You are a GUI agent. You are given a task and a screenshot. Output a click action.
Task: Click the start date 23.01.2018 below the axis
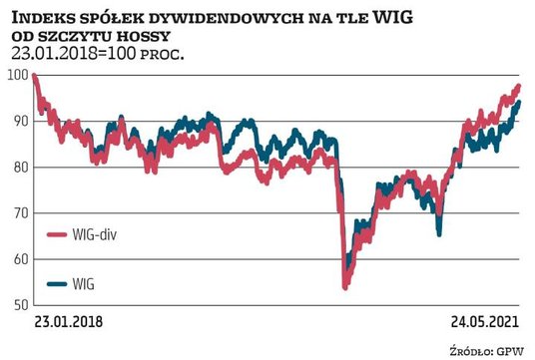click(68, 323)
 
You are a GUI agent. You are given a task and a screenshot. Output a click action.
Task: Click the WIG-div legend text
click(76, 235)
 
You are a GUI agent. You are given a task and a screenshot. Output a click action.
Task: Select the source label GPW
click(513, 348)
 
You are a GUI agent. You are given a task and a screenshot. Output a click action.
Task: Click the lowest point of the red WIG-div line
click(344, 287)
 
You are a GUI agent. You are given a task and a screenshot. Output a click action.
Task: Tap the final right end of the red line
click(518, 86)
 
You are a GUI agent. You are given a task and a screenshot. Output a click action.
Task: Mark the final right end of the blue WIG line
click(518, 102)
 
